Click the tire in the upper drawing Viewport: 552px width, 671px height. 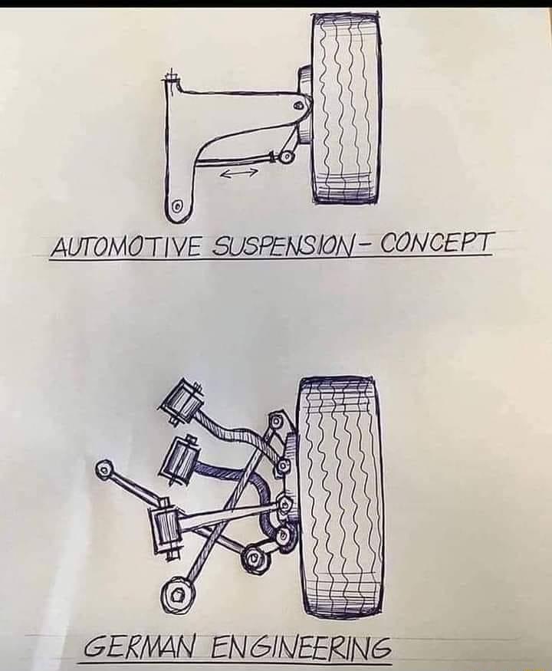point(346,109)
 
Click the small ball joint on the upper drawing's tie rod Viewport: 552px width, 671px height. point(287,156)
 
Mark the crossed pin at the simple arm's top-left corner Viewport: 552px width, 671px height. point(171,77)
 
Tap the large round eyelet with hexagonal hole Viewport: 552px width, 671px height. point(177,594)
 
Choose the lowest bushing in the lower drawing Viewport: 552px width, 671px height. point(166,528)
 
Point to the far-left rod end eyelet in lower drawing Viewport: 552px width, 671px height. point(105,469)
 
